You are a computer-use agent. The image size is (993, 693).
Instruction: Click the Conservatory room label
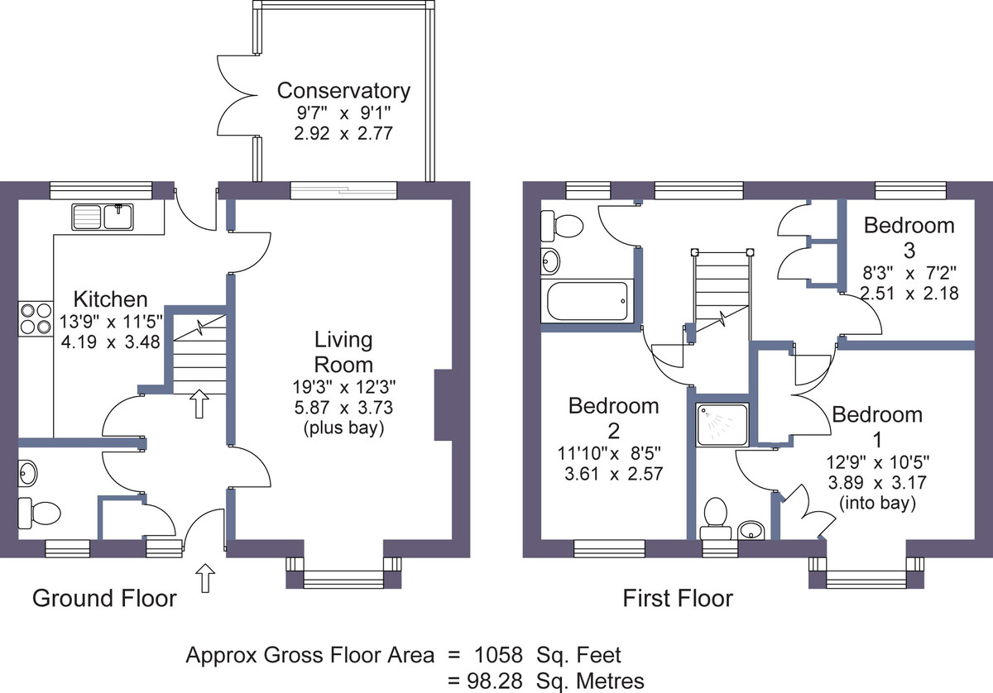click(343, 91)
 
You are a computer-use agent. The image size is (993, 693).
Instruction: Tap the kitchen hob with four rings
click(36, 318)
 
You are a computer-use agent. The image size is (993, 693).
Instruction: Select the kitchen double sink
click(103, 217)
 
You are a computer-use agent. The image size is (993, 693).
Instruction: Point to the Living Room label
click(343, 352)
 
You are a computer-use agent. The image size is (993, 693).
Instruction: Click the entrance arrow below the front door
click(205, 578)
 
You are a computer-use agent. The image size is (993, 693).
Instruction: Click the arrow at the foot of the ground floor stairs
click(199, 404)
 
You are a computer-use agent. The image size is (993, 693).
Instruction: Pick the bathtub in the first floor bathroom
click(588, 301)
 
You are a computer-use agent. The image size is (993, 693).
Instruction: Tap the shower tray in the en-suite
click(722, 424)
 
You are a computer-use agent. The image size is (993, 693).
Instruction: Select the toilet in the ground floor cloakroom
click(39, 513)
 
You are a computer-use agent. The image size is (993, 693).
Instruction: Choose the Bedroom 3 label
click(909, 238)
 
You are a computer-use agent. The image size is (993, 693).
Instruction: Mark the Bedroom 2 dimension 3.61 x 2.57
click(613, 474)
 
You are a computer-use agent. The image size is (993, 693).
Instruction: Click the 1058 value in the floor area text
click(499, 655)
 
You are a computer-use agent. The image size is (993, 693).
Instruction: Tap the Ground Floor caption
click(104, 599)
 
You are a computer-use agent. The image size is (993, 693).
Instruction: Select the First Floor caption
click(678, 599)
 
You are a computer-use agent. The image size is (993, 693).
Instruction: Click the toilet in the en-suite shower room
click(715, 518)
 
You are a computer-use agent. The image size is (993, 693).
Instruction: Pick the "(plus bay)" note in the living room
click(343, 428)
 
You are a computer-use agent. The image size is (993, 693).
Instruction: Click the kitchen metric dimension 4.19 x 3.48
click(110, 342)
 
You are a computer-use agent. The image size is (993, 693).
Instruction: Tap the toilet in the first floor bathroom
click(562, 226)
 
